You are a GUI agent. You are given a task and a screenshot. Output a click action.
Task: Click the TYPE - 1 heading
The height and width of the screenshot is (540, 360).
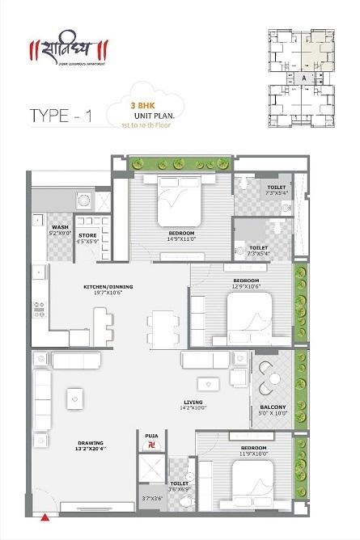[61, 115]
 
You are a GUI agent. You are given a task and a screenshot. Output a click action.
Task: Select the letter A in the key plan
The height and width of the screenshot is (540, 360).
[303, 78]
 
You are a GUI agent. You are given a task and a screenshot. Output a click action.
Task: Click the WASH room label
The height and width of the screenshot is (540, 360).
[60, 227]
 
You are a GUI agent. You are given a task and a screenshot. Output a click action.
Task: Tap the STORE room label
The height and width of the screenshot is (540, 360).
[87, 235]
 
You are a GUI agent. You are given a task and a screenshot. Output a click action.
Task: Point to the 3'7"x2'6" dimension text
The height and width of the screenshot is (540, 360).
[151, 499]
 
